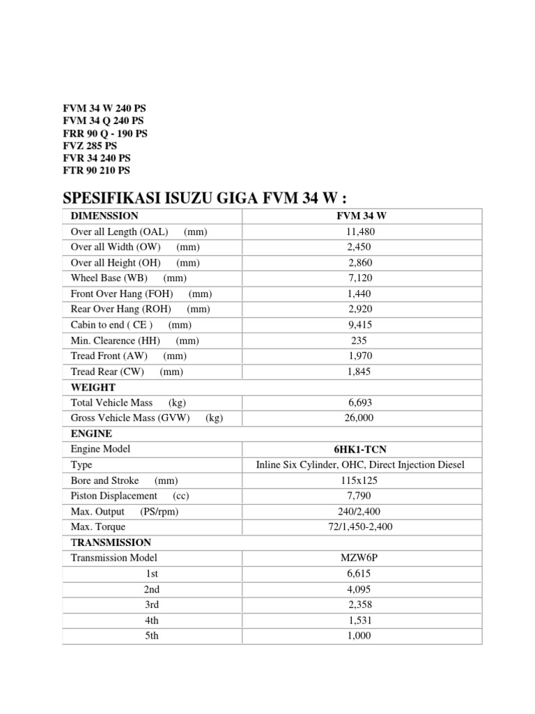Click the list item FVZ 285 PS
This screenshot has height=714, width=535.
90,146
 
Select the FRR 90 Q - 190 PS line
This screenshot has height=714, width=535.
105,133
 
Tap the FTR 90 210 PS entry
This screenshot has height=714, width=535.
96,170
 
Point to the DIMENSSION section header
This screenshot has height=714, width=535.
104,216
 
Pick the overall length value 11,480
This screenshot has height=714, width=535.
360,231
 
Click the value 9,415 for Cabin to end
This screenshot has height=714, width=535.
360,325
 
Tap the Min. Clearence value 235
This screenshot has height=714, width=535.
360,341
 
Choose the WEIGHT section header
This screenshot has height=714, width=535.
93,387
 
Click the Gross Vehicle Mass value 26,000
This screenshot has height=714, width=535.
360,418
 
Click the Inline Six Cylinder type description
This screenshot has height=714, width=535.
360,465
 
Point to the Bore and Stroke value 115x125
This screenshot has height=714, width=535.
360,480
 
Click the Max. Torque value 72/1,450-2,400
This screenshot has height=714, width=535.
360,527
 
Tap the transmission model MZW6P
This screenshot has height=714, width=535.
360,558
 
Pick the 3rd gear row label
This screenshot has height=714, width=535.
152,605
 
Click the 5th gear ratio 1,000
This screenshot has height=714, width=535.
360,636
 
